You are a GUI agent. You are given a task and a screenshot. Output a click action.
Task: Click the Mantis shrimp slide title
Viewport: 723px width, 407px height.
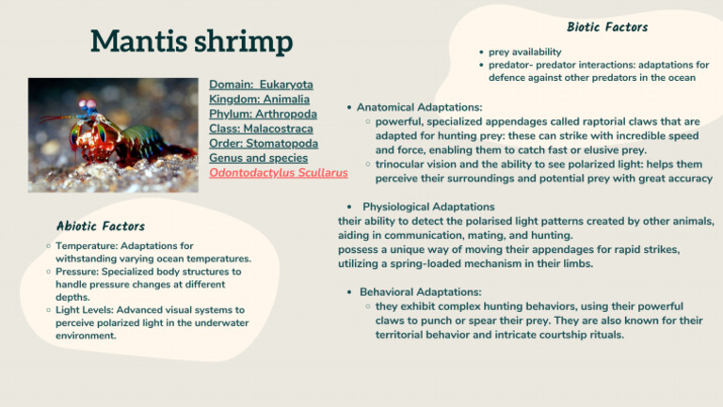[x=191, y=41]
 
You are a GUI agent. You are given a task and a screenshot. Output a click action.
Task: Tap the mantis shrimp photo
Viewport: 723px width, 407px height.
[x=113, y=134]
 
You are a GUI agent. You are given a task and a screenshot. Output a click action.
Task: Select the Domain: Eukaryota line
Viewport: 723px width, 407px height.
[x=261, y=85]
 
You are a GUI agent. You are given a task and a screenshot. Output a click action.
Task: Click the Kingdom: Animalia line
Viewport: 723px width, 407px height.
[x=257, y=100]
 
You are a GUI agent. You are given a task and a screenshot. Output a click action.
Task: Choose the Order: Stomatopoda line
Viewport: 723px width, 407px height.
[x=263, y=144]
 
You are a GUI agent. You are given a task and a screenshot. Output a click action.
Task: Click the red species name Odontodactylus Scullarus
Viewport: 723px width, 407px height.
[x=278, y=173]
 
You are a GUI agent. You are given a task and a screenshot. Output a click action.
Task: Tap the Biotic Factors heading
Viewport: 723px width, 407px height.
[x=607, y=27]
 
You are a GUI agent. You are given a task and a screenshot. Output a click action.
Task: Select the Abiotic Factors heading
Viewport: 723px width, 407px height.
[x=101, y=226]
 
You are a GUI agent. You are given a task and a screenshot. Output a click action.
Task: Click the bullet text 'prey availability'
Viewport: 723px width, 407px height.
[x=525, y=52]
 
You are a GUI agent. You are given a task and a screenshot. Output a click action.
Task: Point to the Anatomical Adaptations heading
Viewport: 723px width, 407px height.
[x=419, y=107]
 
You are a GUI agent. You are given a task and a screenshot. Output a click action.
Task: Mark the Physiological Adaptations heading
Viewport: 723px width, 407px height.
[x=428, y=207]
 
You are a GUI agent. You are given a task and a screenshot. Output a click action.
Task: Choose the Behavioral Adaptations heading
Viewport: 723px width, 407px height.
[x=420, y=292]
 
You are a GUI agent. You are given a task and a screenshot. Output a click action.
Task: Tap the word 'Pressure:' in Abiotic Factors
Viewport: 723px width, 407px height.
[x=78, y=272]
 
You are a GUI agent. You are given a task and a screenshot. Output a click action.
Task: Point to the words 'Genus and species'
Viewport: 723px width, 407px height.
[x=257, y=158]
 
